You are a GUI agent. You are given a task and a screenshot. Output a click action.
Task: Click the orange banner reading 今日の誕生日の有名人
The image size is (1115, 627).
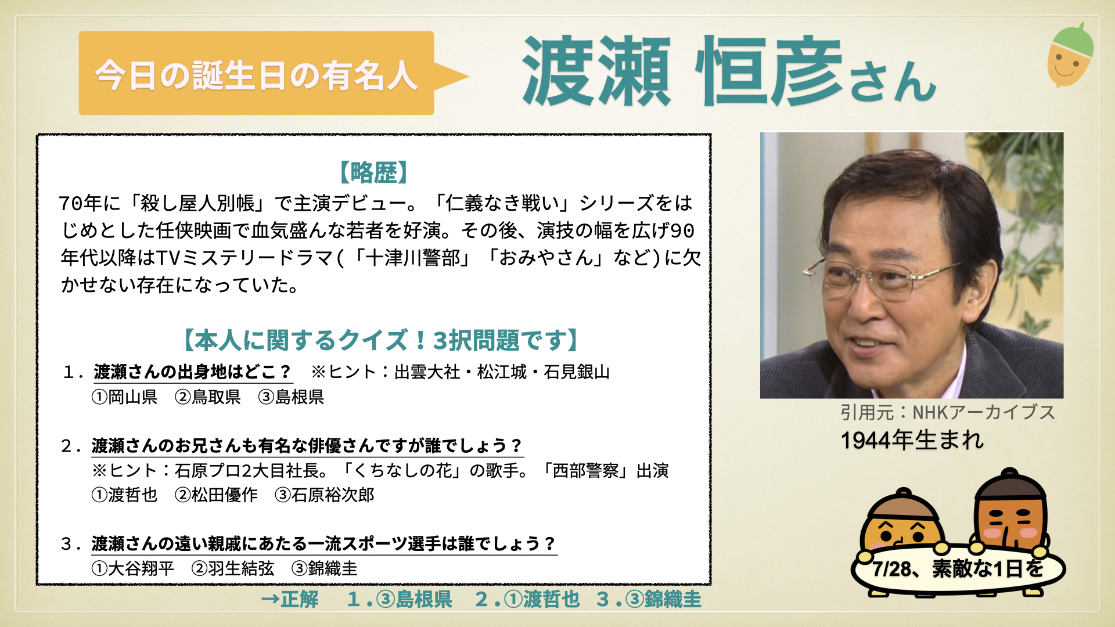coord(256,73)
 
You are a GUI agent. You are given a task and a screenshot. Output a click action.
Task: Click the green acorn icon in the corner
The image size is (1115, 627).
coord(1070,55)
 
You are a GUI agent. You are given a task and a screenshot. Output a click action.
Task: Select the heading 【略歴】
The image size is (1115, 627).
coord(374,172)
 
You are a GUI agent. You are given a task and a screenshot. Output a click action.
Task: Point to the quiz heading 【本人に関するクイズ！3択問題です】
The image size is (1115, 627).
coord(381,340)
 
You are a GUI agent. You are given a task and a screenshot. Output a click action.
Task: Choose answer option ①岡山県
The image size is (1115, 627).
coord(125,397)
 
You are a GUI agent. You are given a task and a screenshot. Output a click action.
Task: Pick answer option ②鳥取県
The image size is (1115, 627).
coord(208,397)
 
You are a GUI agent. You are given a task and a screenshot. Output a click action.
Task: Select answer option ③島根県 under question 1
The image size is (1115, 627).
coord(292,397)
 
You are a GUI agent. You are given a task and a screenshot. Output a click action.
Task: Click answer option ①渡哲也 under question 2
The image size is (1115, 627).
coord(125,495)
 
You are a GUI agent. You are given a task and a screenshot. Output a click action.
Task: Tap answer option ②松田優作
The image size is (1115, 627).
coord(216,495)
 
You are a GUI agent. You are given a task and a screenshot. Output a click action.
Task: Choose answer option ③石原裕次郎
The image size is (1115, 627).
coord(325,495)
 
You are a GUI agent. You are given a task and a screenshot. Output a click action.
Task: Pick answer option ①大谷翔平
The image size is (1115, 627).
coord(133,568)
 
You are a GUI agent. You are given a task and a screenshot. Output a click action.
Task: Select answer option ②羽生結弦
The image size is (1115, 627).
coord(233,568)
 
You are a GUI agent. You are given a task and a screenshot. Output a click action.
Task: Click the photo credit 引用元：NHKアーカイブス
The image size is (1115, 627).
coord(948,412)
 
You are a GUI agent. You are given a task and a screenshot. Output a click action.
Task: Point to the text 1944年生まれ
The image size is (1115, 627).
coord(912,440)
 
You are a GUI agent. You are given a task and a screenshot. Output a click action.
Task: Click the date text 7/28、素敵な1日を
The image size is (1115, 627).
coord(958,568)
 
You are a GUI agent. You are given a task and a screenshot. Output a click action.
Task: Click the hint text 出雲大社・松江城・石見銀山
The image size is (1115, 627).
coord(502,372)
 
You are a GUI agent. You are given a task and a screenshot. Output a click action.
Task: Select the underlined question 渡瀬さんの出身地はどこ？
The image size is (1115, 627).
coord(192,372)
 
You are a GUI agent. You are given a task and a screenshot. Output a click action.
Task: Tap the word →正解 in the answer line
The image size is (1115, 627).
coord(290,599)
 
